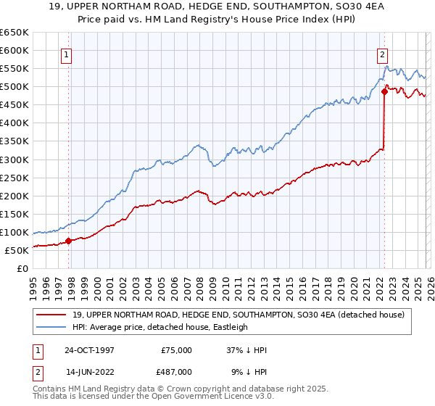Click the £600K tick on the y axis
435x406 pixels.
tap(14, 50)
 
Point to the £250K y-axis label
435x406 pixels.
tap(14, 178)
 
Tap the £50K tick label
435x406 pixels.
tap(17, 250)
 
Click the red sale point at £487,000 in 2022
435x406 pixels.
tap(384, 91)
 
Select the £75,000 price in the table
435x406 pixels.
tap(176, 350)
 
